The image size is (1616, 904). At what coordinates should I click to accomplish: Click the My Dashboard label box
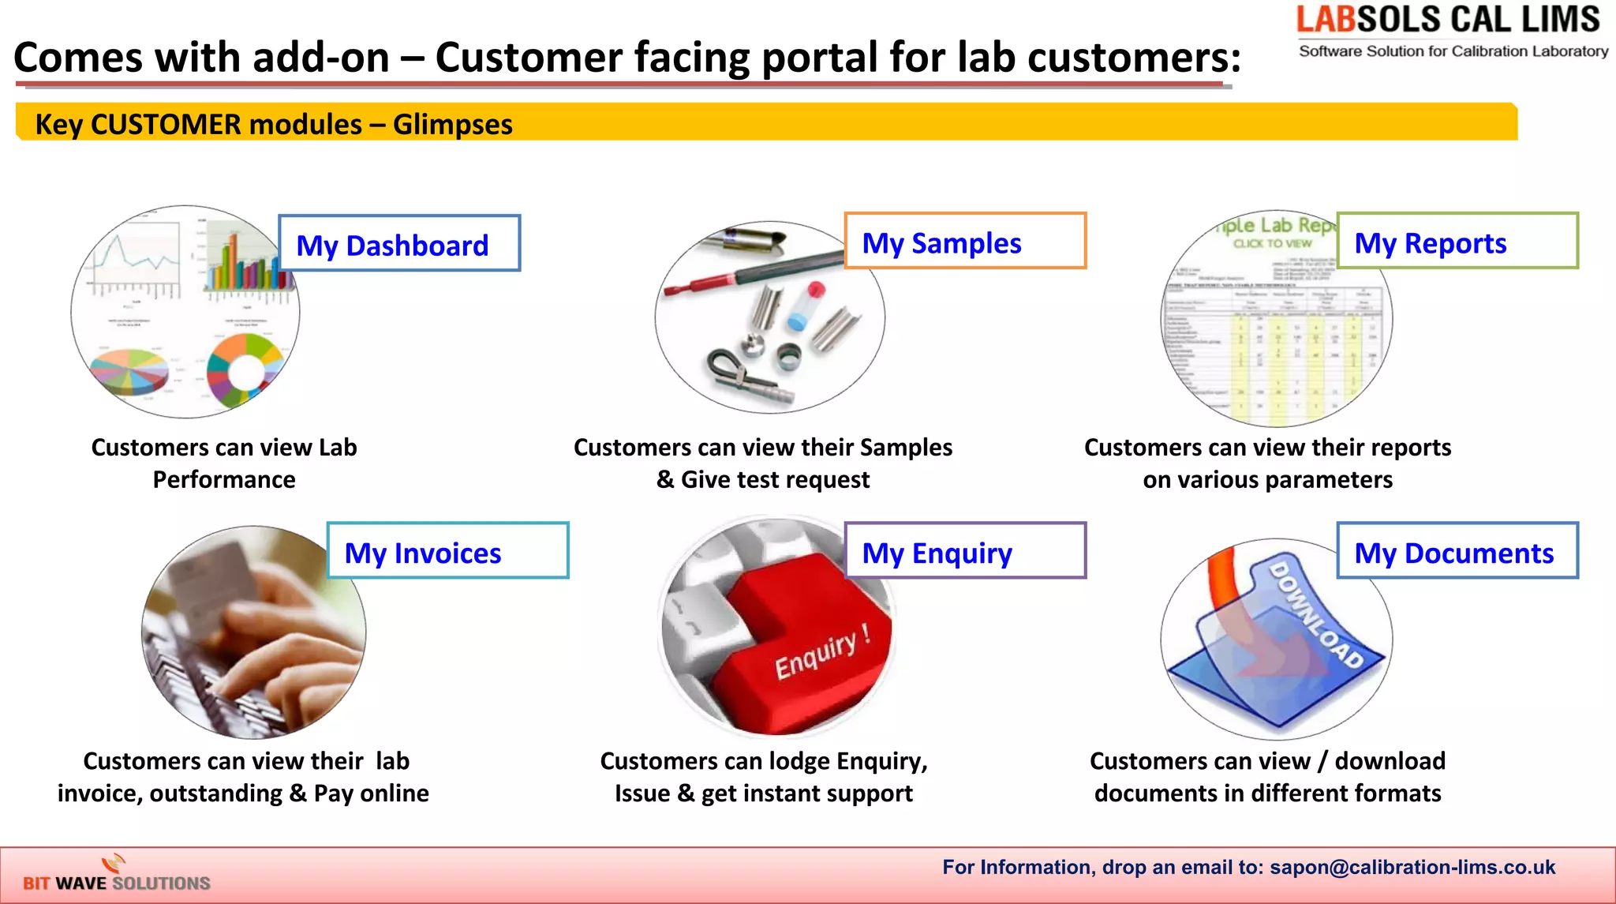[x=399, y=244]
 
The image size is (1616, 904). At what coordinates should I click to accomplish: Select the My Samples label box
[x=964, y=242]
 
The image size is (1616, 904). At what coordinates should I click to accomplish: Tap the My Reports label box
[x=1457, y=242]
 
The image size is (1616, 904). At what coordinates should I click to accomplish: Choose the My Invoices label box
[x=447, y=551]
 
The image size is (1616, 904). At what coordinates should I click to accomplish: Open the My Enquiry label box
[x=964, y=551]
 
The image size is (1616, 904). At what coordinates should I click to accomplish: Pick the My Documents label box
[x=1457, y=551]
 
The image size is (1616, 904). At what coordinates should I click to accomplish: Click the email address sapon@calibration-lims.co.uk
[x=1412, y=867]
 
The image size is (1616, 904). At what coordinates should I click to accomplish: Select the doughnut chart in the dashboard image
[x=245, y=369]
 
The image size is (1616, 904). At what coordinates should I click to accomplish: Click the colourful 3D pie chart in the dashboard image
[x=129, y=369]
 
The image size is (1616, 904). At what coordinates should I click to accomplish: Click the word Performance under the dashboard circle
[x=224, y=480]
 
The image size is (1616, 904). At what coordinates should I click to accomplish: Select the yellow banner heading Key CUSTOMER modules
[x=274, y=125]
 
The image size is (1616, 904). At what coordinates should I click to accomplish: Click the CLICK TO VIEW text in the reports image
[x=1272, y=244]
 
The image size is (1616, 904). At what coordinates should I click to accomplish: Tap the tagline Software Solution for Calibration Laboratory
[x=1453, y=51]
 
